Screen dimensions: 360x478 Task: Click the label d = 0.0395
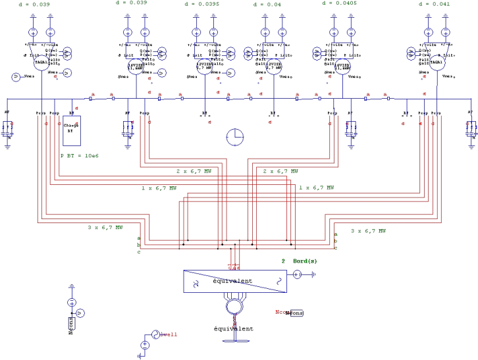coord(201,4)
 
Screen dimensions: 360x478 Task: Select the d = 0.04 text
coord(267,5)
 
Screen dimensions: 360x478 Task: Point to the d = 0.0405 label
coord(339,3)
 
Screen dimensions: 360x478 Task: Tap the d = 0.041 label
coord(434,4)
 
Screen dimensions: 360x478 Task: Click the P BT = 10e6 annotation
coord(79,156)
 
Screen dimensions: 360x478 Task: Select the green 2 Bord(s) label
coord(300,261)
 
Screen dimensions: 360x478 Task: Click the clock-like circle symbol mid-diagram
coord(235,137)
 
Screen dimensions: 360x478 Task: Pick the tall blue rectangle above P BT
coord(71,130)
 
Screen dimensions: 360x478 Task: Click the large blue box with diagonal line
coord(235,281)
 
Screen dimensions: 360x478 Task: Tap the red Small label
coord(169,334)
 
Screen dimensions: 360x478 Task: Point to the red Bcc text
coord(282,312)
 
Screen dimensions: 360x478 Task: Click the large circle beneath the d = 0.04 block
coord(274,66)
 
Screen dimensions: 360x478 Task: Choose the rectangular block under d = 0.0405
coord(342,50)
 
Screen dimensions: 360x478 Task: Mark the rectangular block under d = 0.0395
coord(205,50)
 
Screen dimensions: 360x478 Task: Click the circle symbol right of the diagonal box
coord(297,274)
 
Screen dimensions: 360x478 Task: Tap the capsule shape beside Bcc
coord(298,313)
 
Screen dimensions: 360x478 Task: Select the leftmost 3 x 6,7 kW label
coord(105,228)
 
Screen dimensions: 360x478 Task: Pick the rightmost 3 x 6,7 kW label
coord(368,231)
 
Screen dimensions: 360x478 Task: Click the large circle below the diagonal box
coord(234,305)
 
